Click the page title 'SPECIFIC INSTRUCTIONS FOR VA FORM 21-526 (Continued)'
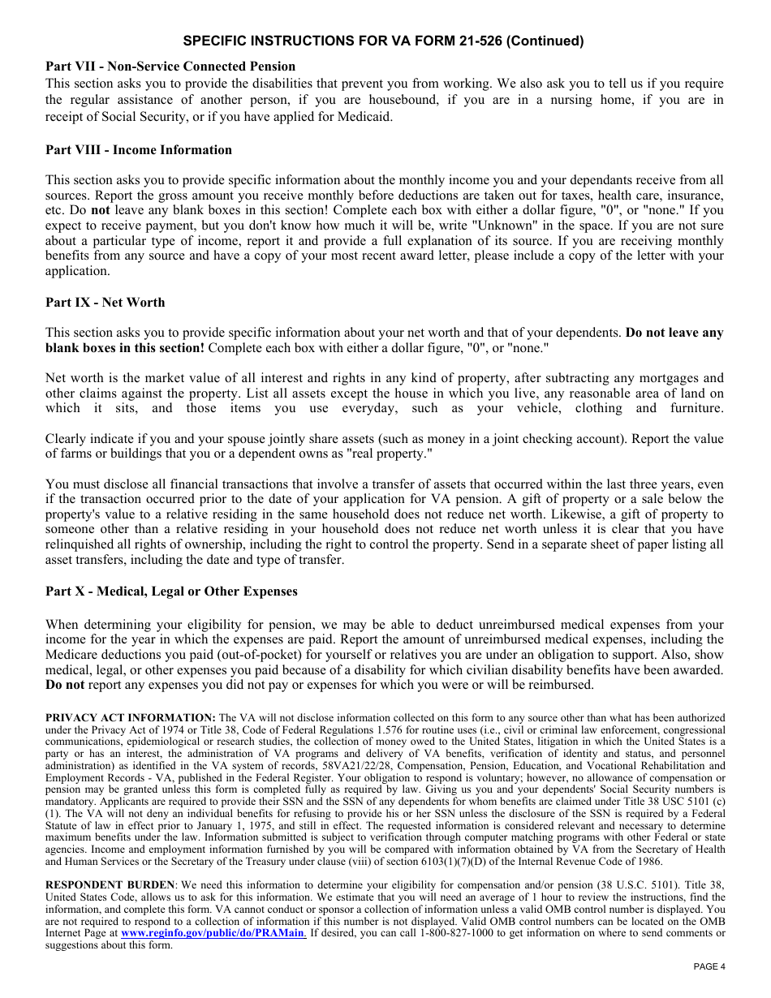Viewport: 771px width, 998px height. [383, 41]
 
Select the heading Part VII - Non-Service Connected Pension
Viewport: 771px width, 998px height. [170, 67]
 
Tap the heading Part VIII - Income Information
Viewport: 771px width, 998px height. [139, 150]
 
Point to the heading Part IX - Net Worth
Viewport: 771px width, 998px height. [105, 303]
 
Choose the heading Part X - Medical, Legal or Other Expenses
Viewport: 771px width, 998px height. [171, 591]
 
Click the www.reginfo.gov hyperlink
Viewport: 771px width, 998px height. [213, 934]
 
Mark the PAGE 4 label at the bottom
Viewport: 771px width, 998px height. [709, 966]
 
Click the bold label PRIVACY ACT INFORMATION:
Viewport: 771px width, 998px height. [131, 718]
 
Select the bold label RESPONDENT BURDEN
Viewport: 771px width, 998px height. [110, 885]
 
